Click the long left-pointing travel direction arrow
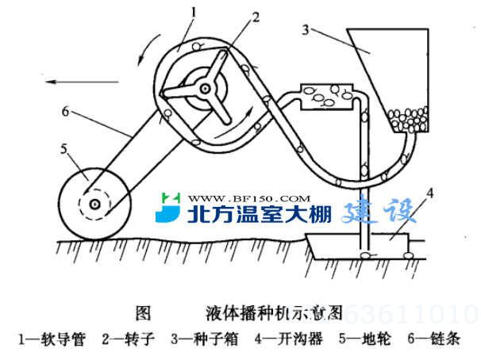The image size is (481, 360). pyautogui.click(x=79, y=79)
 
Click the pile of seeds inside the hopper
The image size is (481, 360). pyautogui.click(x=410, y=118)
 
